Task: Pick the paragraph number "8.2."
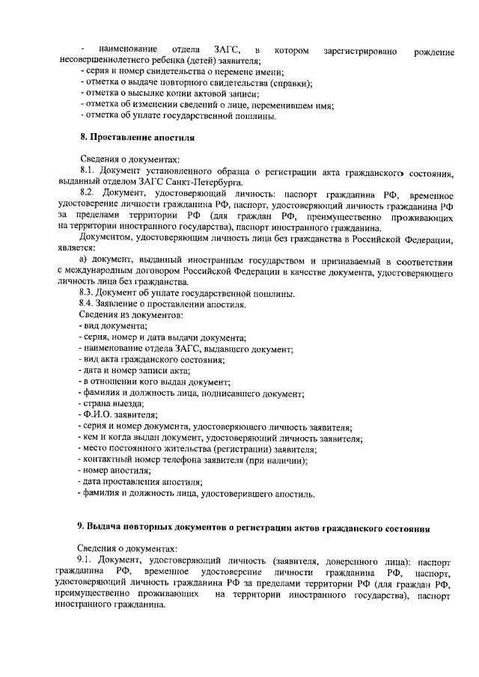coord(91,193)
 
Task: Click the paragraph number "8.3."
coord(91,294)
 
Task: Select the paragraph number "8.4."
coord(91,305)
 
